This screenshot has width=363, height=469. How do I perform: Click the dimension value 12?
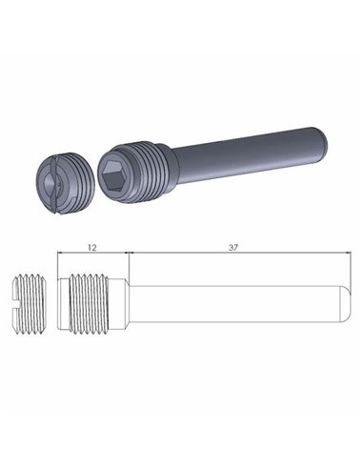pyautogui.click(x=91, y=246)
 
